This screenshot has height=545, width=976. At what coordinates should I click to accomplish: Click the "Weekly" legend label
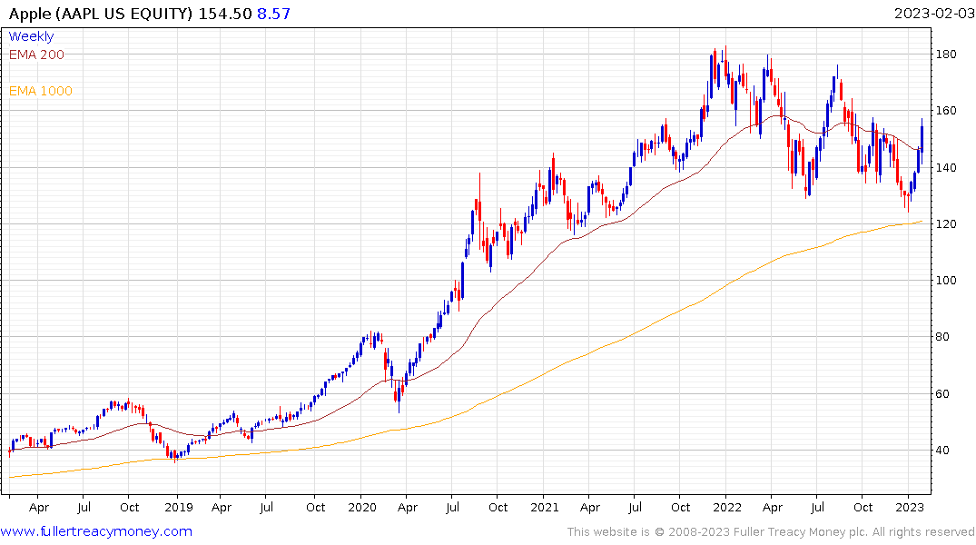point(31,36)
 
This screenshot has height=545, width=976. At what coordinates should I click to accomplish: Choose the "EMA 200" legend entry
point(36,54)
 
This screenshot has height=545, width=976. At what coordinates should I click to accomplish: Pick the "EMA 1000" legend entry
point(41,91)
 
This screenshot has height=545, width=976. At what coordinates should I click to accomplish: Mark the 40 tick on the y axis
point(946,451)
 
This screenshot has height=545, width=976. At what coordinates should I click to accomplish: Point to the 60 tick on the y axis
point(946,394)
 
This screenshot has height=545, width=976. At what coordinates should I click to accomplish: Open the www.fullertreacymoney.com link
point(97,531)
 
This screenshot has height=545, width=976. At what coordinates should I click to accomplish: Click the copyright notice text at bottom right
point(771,531)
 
